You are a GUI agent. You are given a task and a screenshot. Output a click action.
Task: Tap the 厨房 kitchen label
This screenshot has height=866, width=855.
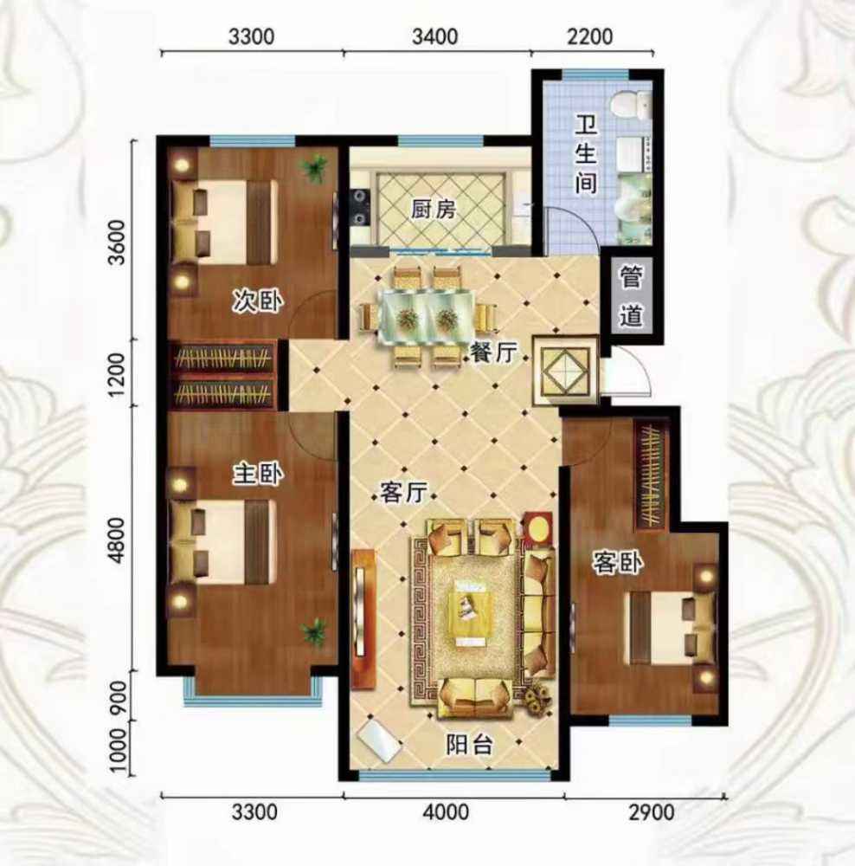[x=434, y=210]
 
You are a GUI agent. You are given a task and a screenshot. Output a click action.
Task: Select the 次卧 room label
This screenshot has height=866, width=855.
[x=257, y=302]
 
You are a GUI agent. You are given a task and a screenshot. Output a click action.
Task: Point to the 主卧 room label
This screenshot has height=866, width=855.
[x=257, y=474]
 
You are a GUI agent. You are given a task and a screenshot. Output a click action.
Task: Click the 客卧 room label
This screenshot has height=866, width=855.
[x=618, y=563]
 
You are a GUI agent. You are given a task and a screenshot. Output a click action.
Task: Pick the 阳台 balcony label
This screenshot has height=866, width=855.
[x=469, y=745]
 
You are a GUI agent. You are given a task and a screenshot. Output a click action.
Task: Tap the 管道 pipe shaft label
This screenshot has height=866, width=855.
[x=631, y=296]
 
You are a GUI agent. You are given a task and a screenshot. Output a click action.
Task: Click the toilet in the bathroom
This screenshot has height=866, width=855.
[x=632, y=105]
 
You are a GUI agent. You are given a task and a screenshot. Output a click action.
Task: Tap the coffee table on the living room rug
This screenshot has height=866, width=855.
[x=466, y=613]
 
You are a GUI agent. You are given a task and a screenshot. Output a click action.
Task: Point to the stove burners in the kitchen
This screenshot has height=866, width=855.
[x=361, y=207]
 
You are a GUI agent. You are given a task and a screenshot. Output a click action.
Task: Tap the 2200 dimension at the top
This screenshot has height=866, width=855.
[x=590, y=36]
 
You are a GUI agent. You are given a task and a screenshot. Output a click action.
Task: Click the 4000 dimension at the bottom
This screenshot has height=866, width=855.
[x=446, y=813]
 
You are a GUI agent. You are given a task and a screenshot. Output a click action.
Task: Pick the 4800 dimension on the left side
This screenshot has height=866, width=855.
[x=117, y=540]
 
